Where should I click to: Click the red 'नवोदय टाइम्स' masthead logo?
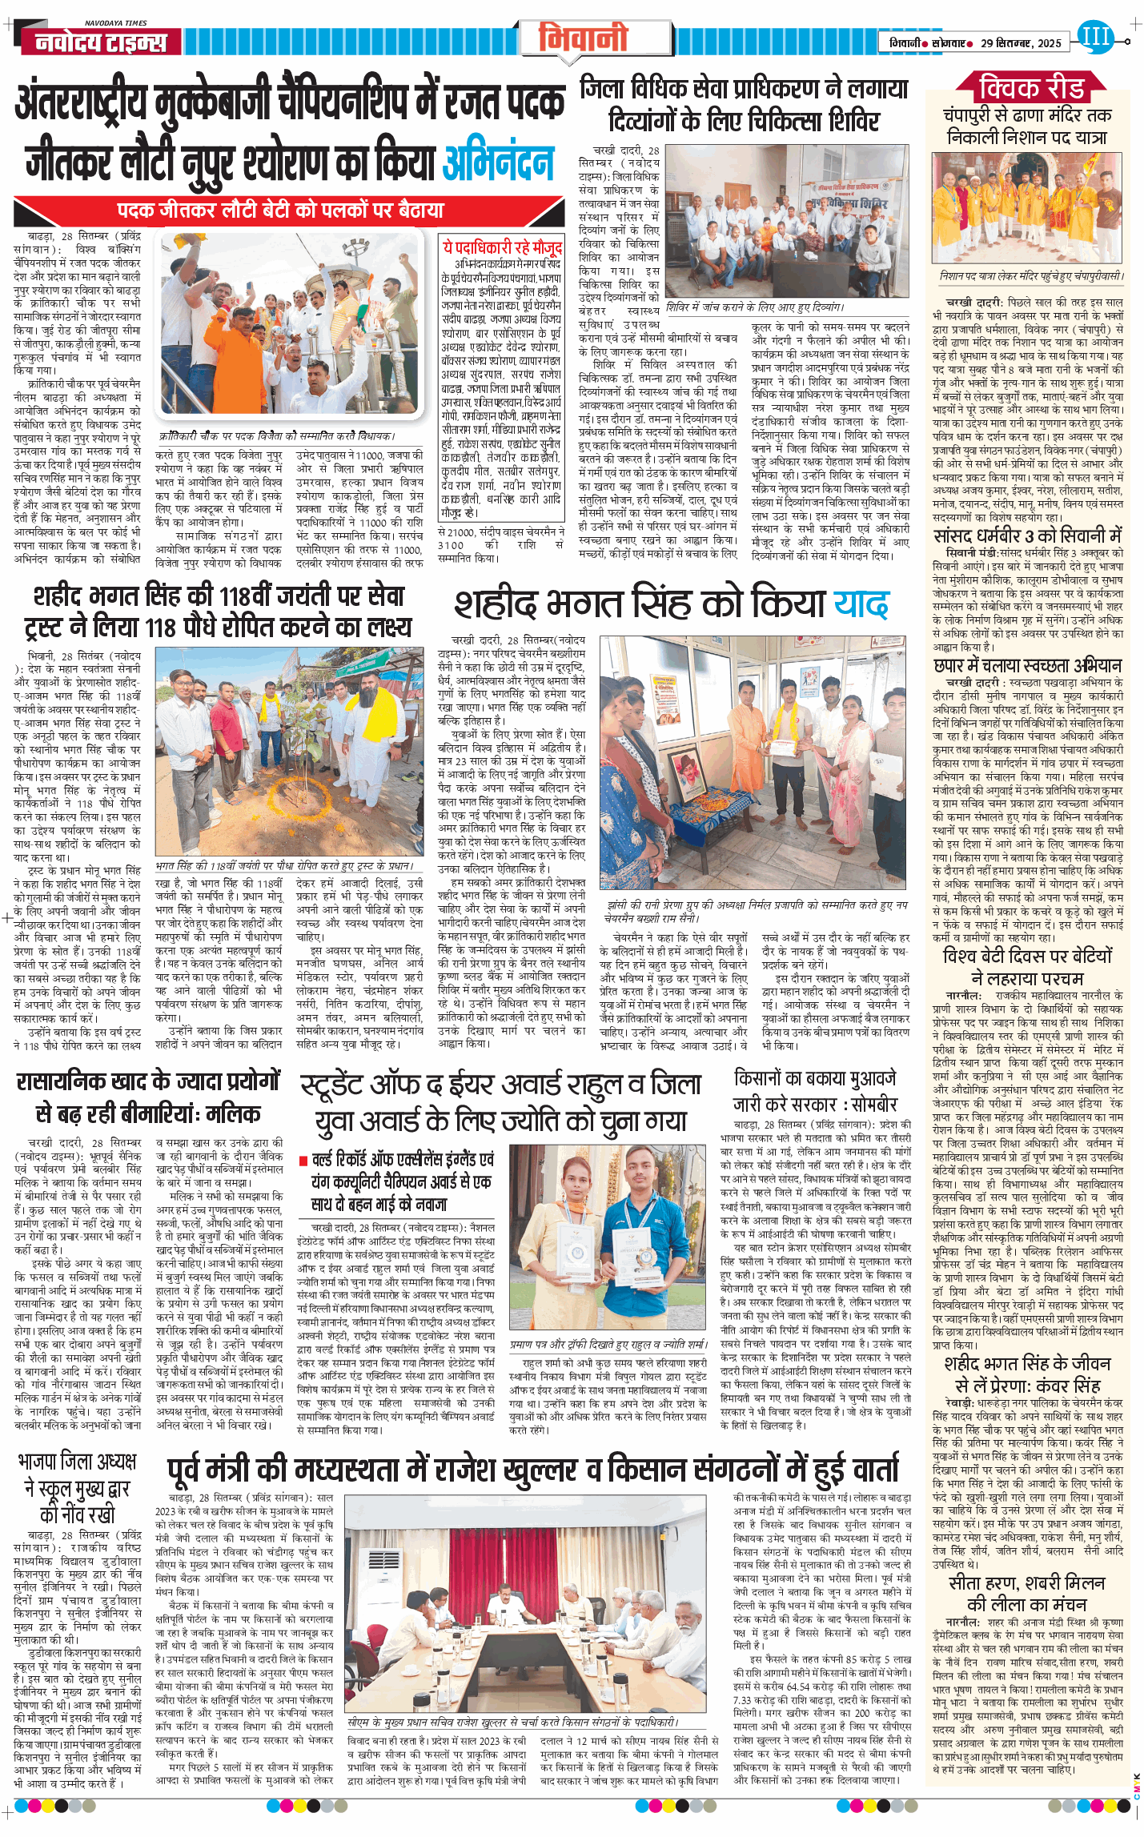pos(101,42)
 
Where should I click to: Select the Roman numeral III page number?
pos(1094,36)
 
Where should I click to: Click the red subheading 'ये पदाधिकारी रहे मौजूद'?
pos(503,247)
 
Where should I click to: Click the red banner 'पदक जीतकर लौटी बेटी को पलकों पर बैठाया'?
pos(280,211)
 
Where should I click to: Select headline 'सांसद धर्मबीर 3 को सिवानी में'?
pos(1028,535)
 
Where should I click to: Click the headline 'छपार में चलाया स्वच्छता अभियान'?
pos(1028,665)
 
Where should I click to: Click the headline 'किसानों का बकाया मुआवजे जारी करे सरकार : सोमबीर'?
pos(815,1091)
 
